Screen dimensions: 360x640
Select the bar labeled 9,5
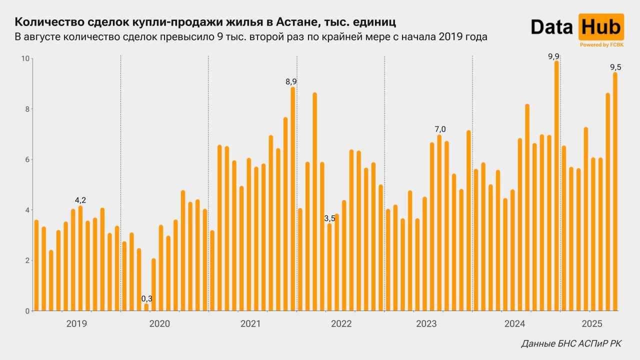point(615,192)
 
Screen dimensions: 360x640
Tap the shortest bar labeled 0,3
point(146,307)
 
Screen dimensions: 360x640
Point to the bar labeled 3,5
point(329,267)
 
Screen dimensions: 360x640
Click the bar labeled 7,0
point(439,223)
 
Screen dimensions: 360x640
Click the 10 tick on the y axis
point(24,58)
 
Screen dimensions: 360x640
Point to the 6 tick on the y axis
point(26,159)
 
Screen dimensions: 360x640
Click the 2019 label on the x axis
point(76,323)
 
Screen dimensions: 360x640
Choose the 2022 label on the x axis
point(341,323)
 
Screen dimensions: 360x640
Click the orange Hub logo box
point(601,27)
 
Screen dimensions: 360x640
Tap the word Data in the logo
point(551,27)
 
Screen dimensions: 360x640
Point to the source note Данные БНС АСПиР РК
point(571,343)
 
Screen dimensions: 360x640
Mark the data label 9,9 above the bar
point(553,56)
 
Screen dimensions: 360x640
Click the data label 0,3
point(146,298)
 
